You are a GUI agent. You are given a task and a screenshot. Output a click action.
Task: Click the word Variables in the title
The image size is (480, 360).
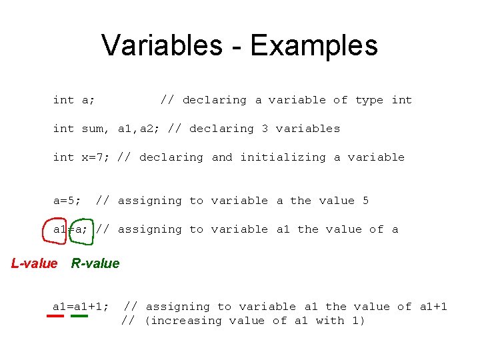[x=162, y=45]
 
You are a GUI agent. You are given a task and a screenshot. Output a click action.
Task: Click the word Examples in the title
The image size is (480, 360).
[x=314, y=45]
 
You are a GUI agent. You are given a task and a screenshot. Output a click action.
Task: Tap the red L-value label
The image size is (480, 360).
[x=35, y=263]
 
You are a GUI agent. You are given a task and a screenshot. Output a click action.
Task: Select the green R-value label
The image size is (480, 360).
[x=95, y=263]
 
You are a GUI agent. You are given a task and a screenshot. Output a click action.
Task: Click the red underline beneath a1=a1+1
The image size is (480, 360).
[x=55, y=316]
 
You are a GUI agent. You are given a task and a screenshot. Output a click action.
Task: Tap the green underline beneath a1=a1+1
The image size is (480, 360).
[x=79, y=316]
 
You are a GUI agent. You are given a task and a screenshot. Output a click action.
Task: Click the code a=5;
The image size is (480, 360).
[x=67, y=201]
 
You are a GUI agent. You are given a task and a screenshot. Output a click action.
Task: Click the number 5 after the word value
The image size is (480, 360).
[x=365, y=201]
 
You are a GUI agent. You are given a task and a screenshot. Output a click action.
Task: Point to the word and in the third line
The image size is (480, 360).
[x=222, y=157]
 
